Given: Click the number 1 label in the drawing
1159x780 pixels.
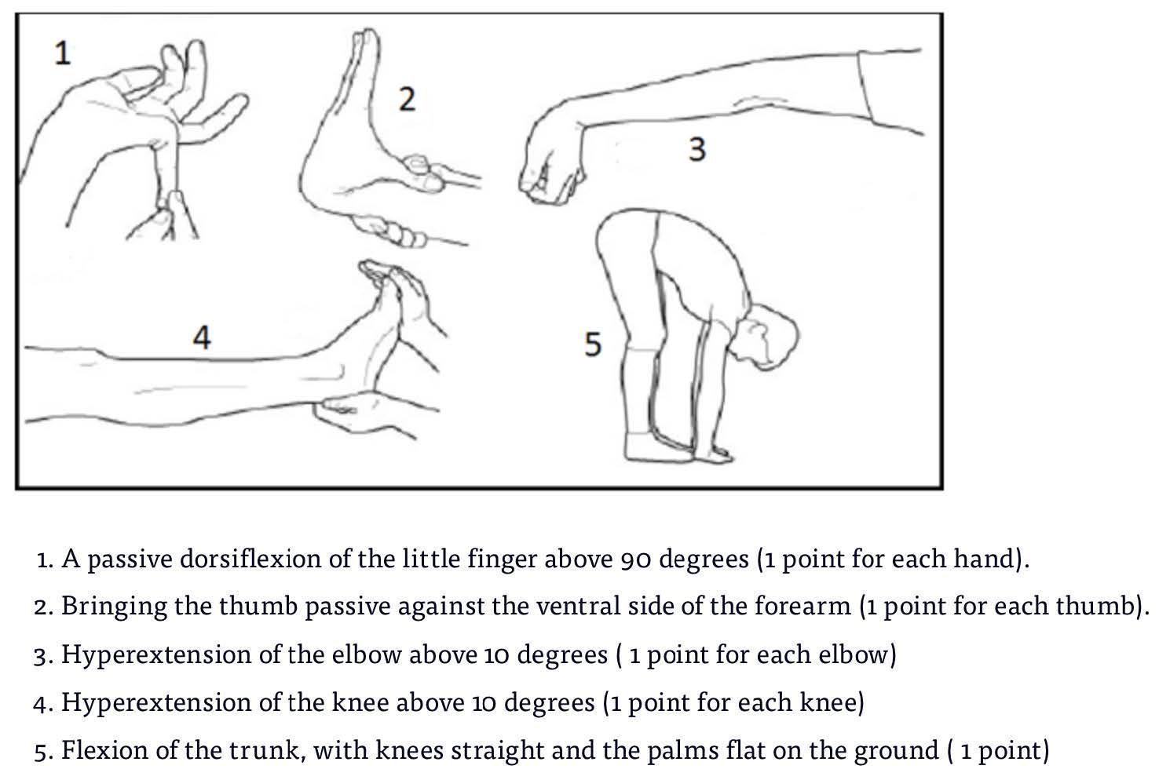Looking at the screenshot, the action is (x=63, y=54).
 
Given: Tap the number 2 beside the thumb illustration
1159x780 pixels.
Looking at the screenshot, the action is (x=408, y=99).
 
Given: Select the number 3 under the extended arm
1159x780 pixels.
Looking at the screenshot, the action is (x=697, y=149).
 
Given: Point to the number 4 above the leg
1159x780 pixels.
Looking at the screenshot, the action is (x=202, y=337).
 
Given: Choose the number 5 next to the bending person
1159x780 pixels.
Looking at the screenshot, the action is (x=593, y=344).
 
